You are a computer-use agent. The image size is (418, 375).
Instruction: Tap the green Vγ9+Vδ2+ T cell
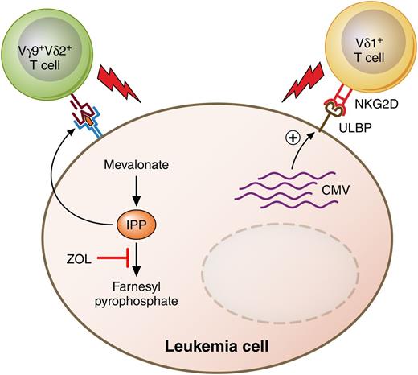(46, 47)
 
